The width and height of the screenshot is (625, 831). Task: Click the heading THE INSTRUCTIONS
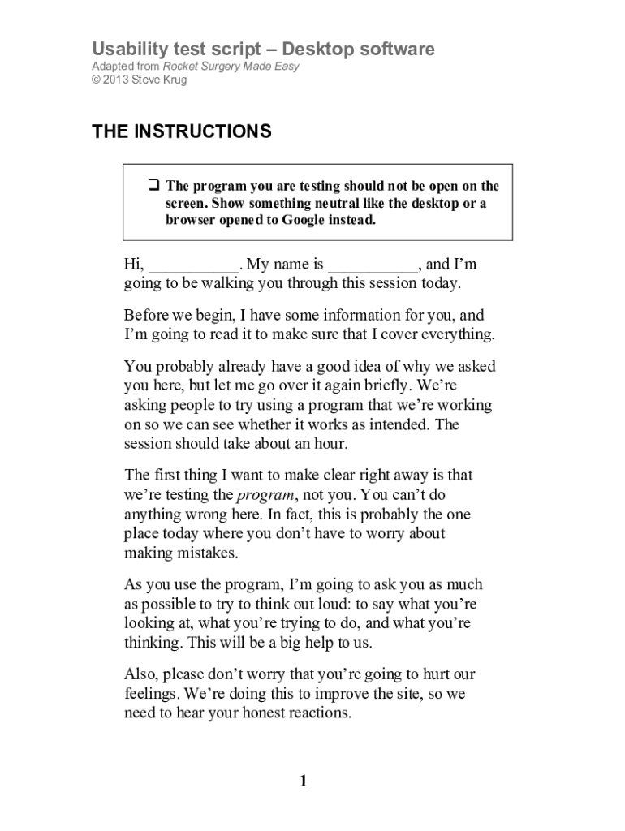pos(181,131)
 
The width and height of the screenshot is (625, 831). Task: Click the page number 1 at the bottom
pos(304,781)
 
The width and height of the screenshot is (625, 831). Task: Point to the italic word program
pos(265,495)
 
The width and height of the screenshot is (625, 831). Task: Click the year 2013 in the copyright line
pos(117,80)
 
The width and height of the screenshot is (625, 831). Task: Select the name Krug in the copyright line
pos(173,80)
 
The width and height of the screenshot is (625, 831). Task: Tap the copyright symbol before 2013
pos(96,80)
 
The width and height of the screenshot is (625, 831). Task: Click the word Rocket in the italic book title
pos(183,66)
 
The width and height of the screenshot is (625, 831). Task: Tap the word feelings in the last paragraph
pos(151,695)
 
